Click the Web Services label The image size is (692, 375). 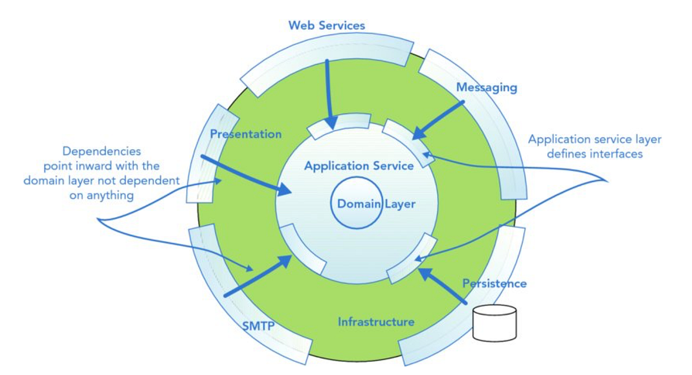click(326, 25)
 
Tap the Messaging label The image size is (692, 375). click(486, 88)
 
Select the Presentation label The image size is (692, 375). click(246, 134)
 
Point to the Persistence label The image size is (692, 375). click(494, 283)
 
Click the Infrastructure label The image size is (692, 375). click(375, 321)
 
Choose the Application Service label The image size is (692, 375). click(359, 166)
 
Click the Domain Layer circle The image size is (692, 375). click(356, 204)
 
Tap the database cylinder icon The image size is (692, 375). click(494, 323)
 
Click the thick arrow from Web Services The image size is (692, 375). click(329, 92)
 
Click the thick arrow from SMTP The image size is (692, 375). click(258, 278)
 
